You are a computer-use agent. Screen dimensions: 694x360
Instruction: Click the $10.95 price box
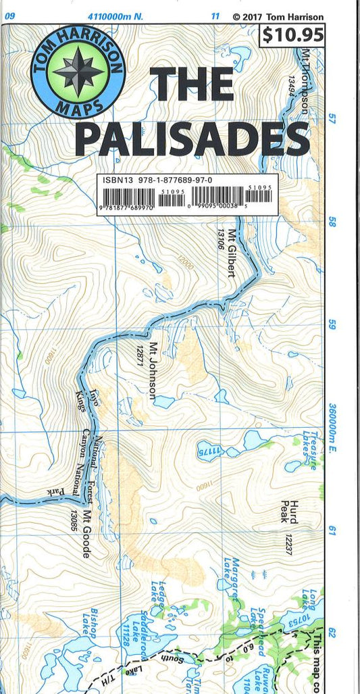(x=292, y=34)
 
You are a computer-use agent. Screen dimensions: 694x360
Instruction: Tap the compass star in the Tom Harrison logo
(x=78, y=72)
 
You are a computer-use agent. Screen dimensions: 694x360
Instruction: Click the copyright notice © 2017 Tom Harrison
(x=278, y=17)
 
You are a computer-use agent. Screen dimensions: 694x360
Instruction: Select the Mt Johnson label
(x=153, y=371)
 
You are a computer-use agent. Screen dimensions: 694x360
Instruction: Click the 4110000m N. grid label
(x=110, y=16)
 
